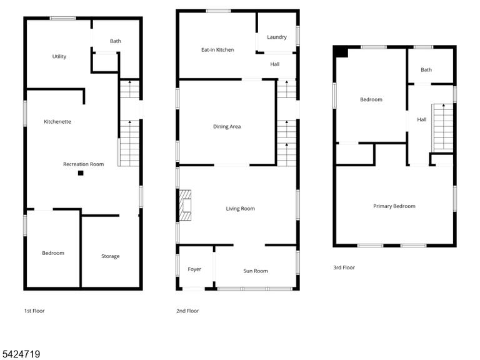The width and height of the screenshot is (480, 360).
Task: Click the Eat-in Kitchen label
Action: coord(217,49)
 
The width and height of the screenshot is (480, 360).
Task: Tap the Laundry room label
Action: coord(277,37)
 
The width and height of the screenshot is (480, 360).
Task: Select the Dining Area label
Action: coord(227,126)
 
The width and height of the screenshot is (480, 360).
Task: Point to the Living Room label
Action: coord(240,209)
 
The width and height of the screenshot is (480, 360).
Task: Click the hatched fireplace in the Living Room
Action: coord(185,205)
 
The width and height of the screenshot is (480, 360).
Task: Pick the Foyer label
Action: coord(194,269)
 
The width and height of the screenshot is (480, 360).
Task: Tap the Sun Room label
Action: coord(256,271)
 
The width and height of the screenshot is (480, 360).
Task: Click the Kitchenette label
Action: coord(57,121)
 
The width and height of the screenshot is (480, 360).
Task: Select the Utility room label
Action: coord(59,56)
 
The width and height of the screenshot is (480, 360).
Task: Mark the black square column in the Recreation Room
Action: coord(81,173)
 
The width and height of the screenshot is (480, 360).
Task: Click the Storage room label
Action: coord(110,256)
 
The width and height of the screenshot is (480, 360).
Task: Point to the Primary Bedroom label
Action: coord(394,206)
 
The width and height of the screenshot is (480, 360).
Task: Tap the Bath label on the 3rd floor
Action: coord(426,70)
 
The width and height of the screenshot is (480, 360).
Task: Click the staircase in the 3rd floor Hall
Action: coord(442,127)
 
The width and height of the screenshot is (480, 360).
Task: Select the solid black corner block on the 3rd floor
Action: coord(341,51)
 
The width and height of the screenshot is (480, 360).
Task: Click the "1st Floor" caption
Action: coord(34,311)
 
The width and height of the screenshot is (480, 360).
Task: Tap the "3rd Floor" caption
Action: coord(344,267)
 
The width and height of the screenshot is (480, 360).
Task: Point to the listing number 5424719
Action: coord(20,354)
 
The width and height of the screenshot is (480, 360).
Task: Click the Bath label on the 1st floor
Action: coord(116,41)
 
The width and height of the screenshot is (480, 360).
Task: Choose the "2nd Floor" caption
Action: coord(187,311)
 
